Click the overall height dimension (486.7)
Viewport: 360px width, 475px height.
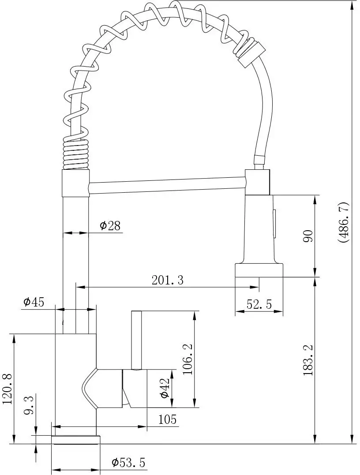(x=344, y=222)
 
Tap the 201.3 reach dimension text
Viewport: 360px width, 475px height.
(x=167, y=280)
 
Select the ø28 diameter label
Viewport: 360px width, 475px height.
(x=110, y=226)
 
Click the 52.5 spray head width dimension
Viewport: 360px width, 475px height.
(x=259, y=304)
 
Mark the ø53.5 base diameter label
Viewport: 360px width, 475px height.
(x=128, y=463)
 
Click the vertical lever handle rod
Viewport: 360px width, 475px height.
(x=136, y=339)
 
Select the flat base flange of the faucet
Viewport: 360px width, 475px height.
(x=76, y=439)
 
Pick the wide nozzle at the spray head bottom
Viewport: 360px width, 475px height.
(x=259, y=270)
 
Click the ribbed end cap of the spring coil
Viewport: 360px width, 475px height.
(x=250, y=51)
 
